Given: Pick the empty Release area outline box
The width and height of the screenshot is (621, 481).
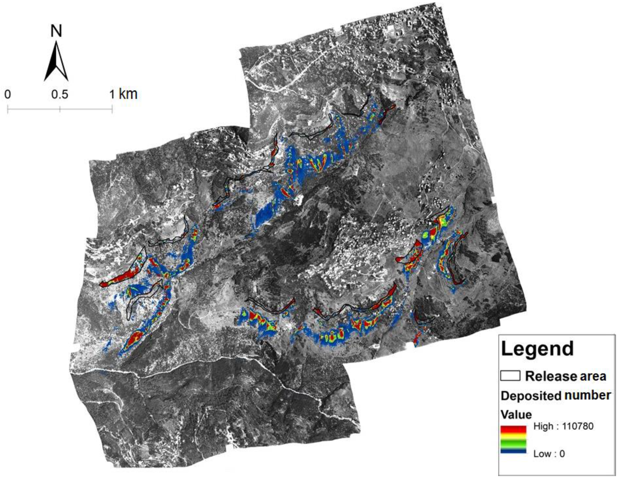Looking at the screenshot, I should [x=510, y=376].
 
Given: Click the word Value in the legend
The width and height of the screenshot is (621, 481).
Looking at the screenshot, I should [x=516, y=414].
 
